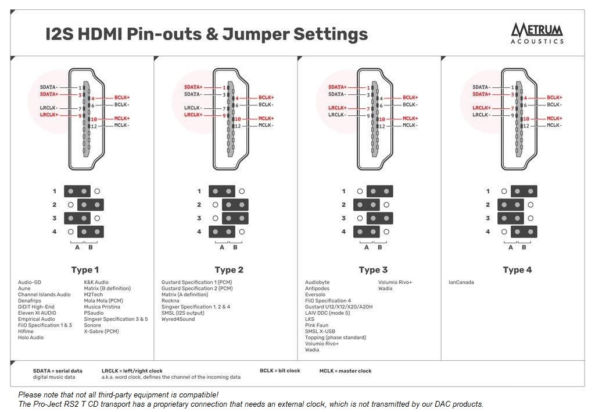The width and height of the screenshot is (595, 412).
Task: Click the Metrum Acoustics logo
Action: tap(537, 33)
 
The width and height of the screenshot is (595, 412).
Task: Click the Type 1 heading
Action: tap(85, 270)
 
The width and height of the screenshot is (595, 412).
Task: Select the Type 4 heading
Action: tap(517, 270)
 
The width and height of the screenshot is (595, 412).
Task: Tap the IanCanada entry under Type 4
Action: tap(461, 283)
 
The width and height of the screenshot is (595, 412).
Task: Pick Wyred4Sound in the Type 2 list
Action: tap(178, 319)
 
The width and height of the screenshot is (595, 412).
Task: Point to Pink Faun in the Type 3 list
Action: tap(317, 325)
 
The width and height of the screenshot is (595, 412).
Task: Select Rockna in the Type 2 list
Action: tap(170, 301)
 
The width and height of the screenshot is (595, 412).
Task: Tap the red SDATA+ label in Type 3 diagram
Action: tap(337, 87)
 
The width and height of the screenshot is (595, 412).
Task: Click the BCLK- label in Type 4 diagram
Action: tap(554, 105)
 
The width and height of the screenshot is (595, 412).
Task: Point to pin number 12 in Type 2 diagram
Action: tap(237, 126)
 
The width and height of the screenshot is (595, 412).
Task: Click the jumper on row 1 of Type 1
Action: tap(77, 191)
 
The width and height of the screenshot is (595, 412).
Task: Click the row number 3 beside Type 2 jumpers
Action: tap(199, 218)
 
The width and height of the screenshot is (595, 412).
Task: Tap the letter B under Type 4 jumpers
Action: tap(524, 247)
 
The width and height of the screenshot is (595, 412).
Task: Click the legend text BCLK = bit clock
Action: tap(279, 371)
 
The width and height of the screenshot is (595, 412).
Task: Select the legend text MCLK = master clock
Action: tap(345, 371)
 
